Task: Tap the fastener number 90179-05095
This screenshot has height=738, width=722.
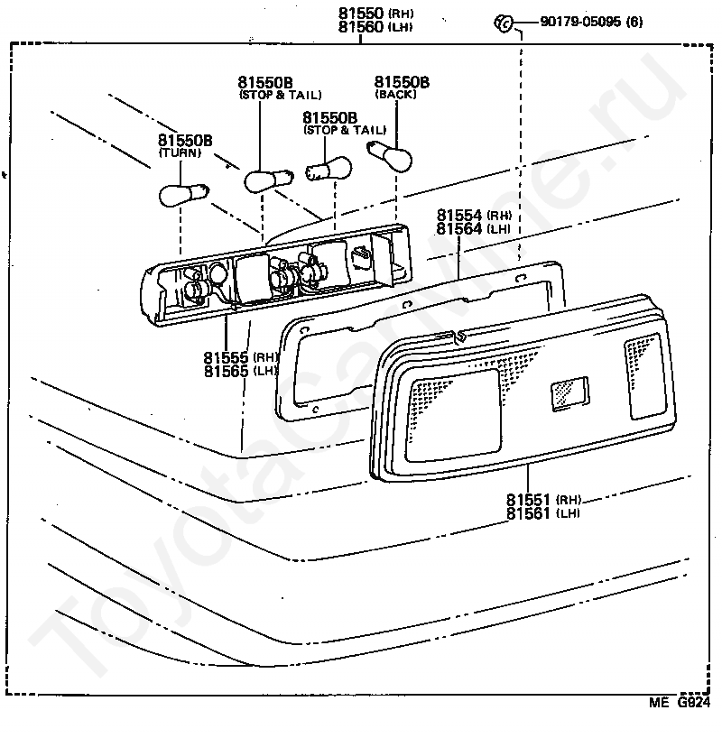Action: [580, 22]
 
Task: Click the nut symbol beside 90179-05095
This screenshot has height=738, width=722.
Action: [503, 23]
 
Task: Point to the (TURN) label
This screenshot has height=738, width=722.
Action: [180, 152]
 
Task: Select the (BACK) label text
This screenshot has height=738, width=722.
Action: [395, 94]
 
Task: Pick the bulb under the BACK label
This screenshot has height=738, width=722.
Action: [389, 156]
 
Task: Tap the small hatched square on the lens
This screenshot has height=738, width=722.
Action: [569, 393]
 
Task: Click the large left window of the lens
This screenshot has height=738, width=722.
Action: [453, 415]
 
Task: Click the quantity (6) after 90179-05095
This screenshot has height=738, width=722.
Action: [634, 22]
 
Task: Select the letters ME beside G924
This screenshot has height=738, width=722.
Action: [659, 703]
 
